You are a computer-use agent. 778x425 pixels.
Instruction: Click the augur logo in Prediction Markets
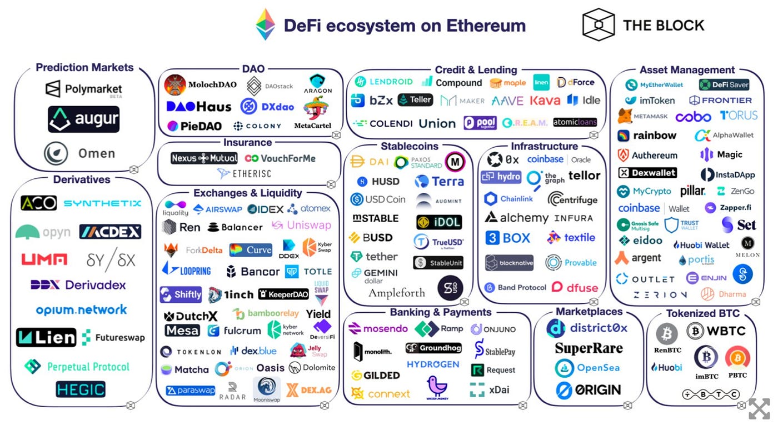point(83,119)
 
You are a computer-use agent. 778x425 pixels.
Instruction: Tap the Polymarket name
point(93,89)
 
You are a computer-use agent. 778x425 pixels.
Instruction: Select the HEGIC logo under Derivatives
point(81,389)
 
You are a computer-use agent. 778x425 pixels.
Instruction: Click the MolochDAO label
point(212,85)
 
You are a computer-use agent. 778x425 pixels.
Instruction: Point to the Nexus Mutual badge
point(204,158)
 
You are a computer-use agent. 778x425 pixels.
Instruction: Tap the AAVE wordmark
point(507,101)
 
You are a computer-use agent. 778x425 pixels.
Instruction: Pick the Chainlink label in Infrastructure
point(516,199)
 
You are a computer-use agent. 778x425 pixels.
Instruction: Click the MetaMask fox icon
point(625,116)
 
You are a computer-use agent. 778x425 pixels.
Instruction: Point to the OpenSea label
point(598,368)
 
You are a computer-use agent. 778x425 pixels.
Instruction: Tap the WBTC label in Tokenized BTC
point(726,332)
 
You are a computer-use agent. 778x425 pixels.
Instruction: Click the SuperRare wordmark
point(589,348)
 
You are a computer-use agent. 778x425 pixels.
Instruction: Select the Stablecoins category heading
point(410,146)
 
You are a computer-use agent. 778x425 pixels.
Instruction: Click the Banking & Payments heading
point(441,312)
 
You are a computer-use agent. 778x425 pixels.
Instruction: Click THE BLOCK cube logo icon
point(598,25)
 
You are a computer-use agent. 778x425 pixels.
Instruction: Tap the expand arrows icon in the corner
point(759,408)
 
